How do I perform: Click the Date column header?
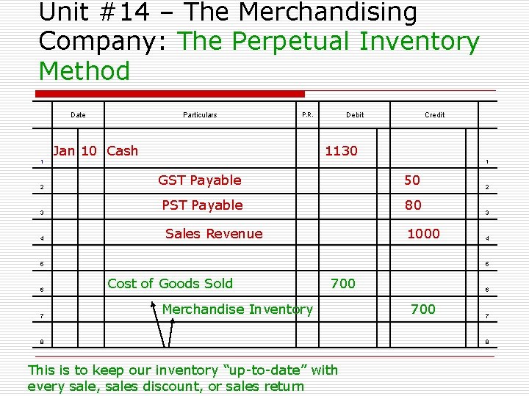point(78,114)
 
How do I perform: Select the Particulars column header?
point(200,114)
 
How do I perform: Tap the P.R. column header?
point(307,114)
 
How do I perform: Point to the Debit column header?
point(355,114)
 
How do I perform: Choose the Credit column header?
point(435,114)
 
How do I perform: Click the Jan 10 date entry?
point(75,151)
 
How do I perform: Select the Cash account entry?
point(122,151)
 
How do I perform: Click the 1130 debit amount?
point(341,151)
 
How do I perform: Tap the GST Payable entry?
point(200,180)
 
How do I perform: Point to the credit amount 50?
point(412,180)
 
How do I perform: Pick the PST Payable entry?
point(202,205)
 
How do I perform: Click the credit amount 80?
point(413,205)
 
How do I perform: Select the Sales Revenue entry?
point(214,234)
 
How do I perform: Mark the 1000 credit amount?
point(423,234)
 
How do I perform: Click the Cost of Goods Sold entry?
point(170,284)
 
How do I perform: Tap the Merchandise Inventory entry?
point(237,309)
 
